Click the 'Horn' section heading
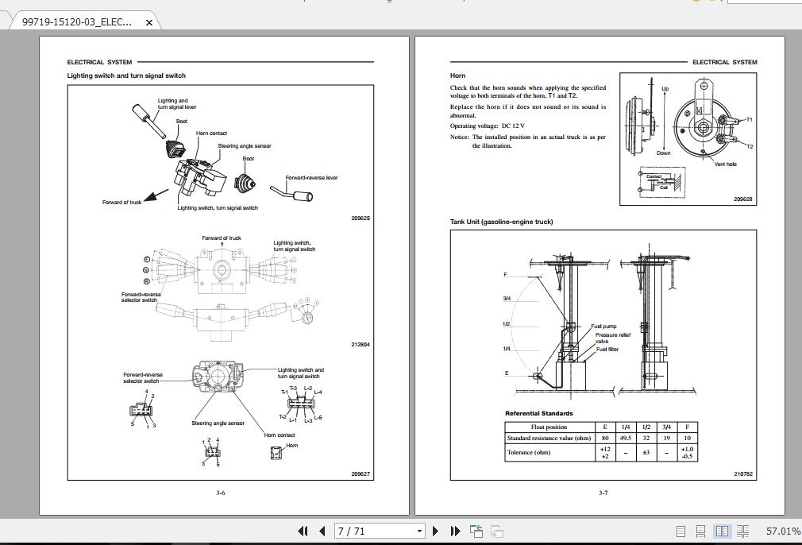457,75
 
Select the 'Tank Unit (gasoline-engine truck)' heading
501,222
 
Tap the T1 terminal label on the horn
749,120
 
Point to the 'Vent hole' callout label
725,164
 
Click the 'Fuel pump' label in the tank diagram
603,327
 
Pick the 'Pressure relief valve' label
612,338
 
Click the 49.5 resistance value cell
626,438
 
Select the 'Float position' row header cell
549,427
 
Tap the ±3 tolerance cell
646,453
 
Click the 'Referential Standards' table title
538,413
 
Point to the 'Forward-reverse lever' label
311,178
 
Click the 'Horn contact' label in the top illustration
211,133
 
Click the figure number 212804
361,345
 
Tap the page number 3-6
221,493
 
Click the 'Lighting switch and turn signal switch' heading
126,75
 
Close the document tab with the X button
148,22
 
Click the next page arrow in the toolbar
435,531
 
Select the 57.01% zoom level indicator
783,531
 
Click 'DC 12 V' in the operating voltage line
513,126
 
